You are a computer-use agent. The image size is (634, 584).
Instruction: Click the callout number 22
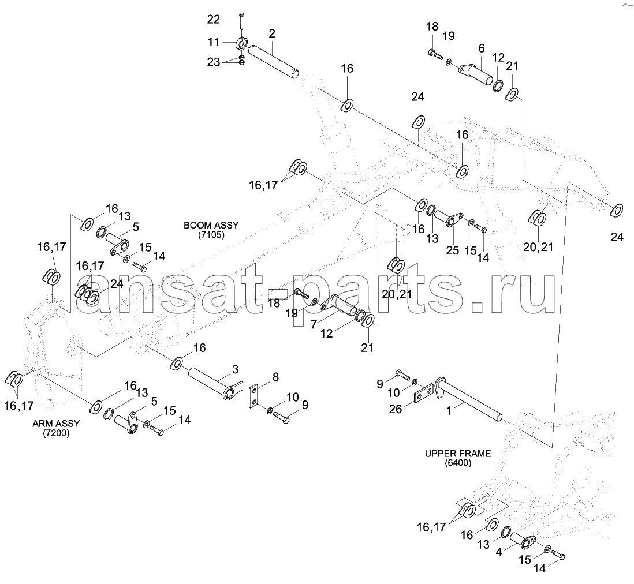point(214,19)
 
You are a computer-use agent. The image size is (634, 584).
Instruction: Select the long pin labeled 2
point(273,62)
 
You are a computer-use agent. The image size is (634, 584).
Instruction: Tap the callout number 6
point(481,48)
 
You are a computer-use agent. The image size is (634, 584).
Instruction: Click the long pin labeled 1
point(469,399)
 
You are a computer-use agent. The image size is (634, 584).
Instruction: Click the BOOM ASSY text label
point(211,224)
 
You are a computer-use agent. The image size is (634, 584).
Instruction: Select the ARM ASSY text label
point(56,423)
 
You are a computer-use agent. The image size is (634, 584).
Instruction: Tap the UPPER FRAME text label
point(458,454)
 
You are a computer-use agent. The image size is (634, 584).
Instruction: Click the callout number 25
point(453,250)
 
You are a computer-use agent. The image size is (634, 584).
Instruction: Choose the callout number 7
point(314,324)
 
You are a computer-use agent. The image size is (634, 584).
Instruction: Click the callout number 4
point(499,551)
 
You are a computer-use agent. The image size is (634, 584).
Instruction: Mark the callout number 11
point(214,42)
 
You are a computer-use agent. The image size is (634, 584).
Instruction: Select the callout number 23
point(214,62)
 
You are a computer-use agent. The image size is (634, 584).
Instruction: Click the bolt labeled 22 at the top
point(241,21)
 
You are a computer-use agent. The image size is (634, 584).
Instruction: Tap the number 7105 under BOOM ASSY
point(211,234)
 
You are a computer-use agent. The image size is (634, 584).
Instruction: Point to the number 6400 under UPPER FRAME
point(458,463)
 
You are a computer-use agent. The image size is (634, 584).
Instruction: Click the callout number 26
point(396,409)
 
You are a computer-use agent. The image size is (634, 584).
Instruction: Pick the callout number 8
point(275,377)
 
